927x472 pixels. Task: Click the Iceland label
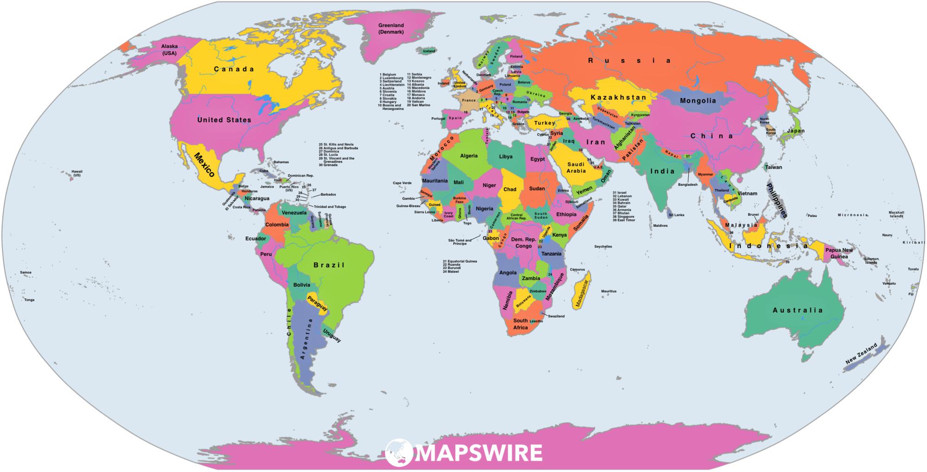[429, 51]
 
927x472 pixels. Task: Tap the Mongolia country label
[698, 101]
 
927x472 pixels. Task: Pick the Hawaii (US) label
[76, 174]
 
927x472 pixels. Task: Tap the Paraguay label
[317, 302]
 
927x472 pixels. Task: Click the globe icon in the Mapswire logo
[399, 452]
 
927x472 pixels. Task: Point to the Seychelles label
[603, 246]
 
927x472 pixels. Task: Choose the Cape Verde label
[402, 183]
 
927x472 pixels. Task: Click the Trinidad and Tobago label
[330, 207]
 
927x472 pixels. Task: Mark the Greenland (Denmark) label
[391, 29]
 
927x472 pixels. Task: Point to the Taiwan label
[773, 167]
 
